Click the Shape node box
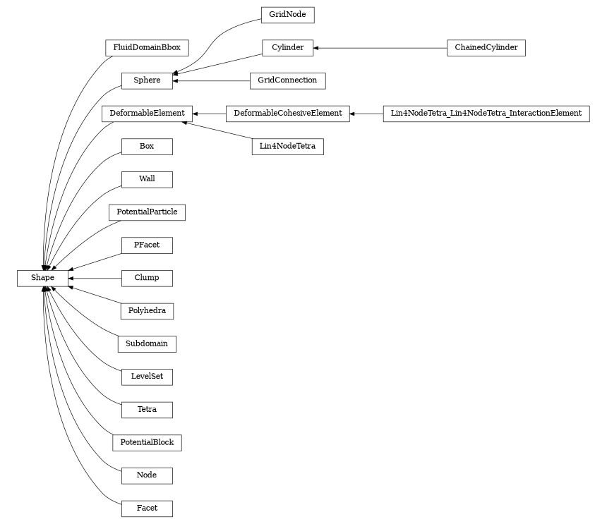(42, 278)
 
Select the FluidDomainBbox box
(147, 48)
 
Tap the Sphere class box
(147, 80)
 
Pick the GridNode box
(287, 15)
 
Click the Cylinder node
(287, 48)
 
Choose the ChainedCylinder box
(486, 48)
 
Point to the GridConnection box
(287, 80)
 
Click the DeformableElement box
(147, 113)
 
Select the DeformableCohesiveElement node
(287, 113)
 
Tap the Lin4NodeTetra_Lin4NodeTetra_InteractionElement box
(486, 113)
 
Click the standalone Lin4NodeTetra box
(287, 147)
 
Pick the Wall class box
(147, 179)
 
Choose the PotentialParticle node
(147, 212)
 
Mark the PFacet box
(147, 245)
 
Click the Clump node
(147, 278)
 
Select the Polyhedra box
(147, 310)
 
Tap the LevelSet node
(147, 377)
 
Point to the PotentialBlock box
(147, 442)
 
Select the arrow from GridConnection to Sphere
(211, 80)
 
